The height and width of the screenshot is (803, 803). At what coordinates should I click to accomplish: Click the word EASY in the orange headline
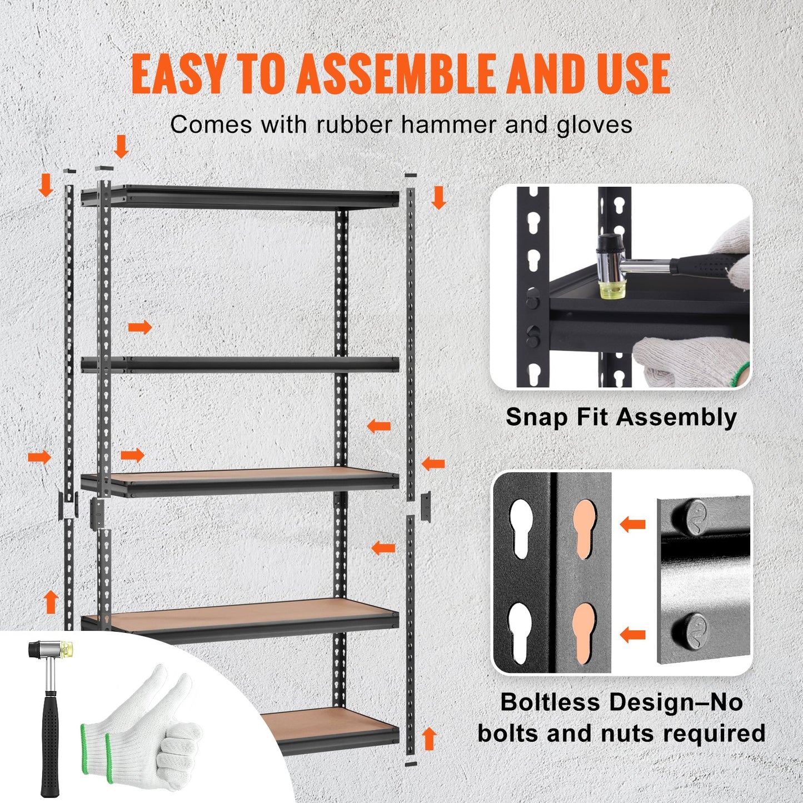click(178, 74)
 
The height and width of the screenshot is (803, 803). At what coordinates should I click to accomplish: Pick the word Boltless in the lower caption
click(550, 702)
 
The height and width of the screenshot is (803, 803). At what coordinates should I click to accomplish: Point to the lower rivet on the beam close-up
click(689, 630)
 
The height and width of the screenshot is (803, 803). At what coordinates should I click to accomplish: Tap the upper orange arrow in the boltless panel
click(632, 523)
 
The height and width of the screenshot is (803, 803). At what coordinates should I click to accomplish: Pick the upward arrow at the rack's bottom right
click(428, 739)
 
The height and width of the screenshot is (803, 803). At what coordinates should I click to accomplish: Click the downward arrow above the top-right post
click(438, 197)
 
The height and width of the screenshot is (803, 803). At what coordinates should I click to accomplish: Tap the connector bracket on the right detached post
click(426, 506)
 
